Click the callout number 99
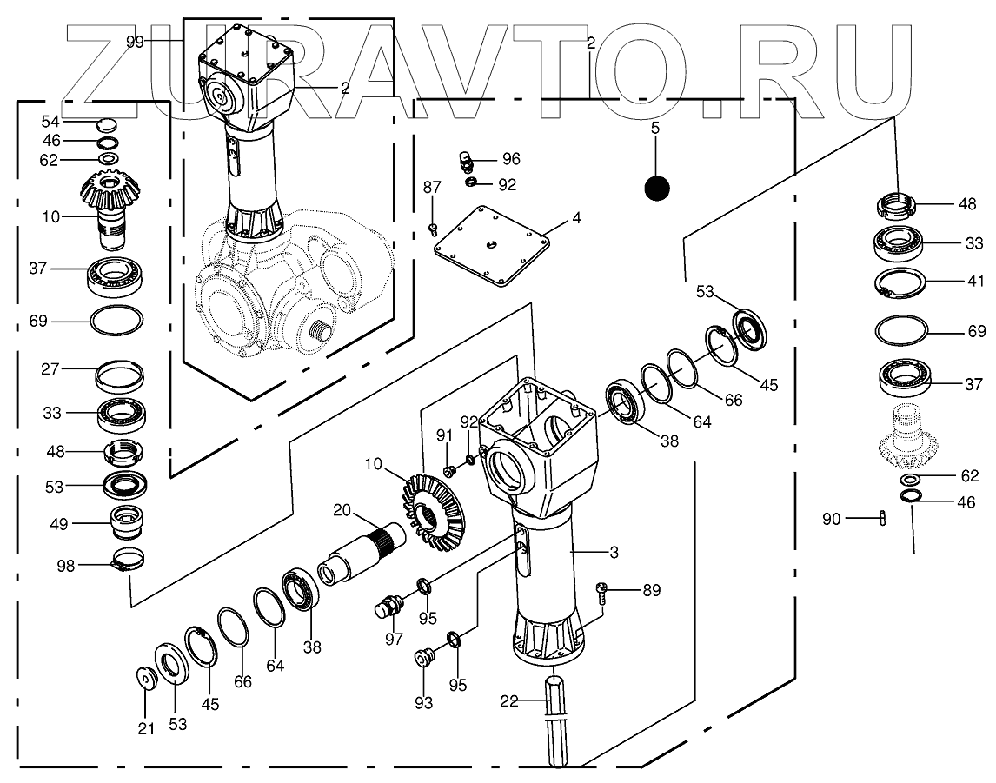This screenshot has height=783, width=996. pos(134,42)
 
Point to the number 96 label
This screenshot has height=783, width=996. pos(510,159)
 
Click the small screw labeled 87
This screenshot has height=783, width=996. pos(433,229)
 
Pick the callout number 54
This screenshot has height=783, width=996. pos(51,121)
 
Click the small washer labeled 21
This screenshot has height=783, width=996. pos(144,676)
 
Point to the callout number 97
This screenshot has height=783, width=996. pos(395,639)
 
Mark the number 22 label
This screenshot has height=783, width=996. pos(509,700)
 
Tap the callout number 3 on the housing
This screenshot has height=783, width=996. pos(613,552)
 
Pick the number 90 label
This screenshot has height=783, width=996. pos(832,520)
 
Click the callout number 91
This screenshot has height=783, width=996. pos(443,435)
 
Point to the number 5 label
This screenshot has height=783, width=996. pos(654,129)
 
